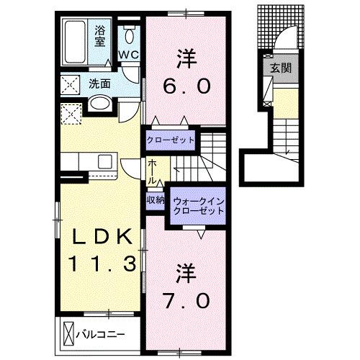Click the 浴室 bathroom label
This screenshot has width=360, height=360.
click(101, 36)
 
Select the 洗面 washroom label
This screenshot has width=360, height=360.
click(100, 84)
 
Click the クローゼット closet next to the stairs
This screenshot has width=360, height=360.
click(171, 139)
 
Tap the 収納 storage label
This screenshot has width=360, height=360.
click(156, 201)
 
